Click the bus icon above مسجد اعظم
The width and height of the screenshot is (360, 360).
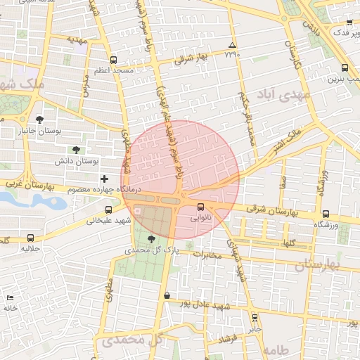114,60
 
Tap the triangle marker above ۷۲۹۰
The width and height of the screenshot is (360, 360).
233,45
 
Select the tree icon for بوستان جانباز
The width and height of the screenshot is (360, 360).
39,120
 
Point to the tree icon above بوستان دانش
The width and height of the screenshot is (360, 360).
75,150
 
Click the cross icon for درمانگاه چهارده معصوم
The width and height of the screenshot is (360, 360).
105,179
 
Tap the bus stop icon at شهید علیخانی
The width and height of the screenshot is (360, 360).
108,210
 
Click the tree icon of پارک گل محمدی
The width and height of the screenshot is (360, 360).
151,240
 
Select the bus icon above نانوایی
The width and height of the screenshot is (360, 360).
201,207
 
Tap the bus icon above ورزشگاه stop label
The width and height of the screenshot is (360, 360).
325,214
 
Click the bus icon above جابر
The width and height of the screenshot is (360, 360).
254,317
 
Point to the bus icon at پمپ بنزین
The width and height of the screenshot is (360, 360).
344,68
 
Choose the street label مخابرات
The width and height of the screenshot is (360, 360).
207,254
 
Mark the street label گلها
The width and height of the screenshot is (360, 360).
286,243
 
